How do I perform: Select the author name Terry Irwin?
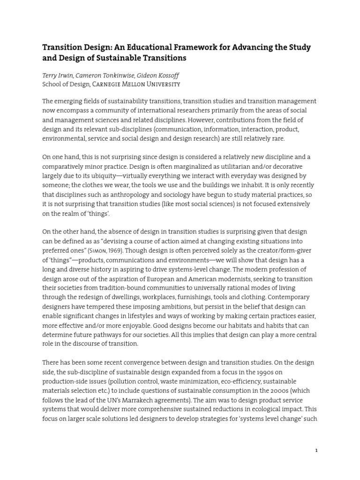point(59,75)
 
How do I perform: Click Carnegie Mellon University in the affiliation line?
point(136,84)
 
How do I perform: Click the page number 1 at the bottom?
point(316,450)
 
